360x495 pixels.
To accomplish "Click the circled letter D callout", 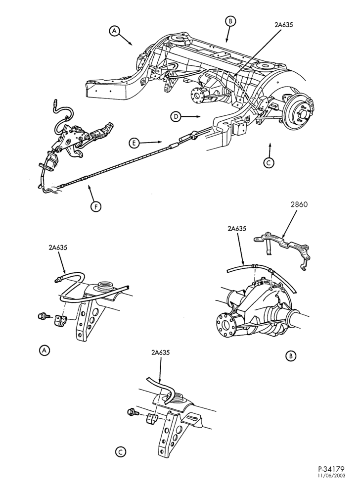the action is pos(176,117).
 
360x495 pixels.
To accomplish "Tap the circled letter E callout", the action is pos(134,143).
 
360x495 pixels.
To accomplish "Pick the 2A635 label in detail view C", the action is pos(160,352).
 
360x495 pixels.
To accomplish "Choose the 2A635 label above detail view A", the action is pos(58,248).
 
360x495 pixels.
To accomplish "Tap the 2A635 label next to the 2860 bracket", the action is pos(236,229).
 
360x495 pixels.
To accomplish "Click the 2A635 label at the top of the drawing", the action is pos(284,24).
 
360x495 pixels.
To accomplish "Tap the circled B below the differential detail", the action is pos(291,356).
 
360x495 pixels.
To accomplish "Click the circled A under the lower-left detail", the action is pos(44,350).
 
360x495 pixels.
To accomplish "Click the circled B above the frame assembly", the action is pos(230,21).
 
